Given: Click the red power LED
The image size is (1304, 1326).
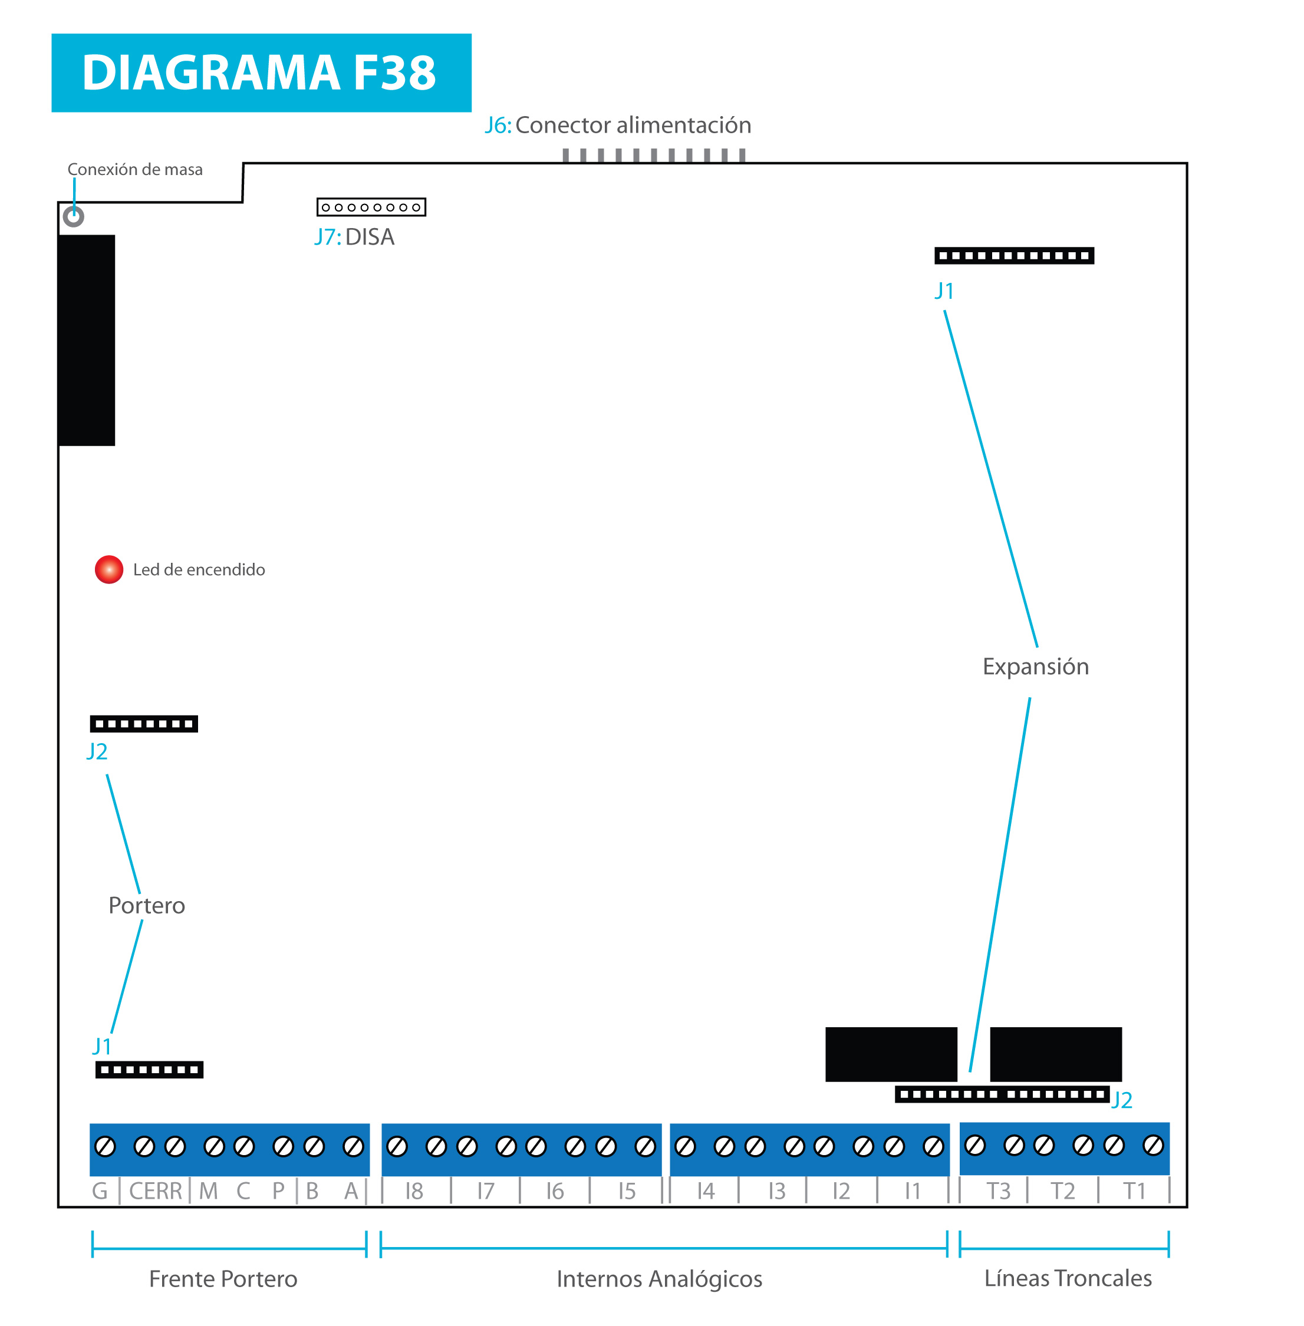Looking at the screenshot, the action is (109, 569).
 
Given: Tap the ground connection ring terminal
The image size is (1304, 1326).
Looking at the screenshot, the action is (73, 217).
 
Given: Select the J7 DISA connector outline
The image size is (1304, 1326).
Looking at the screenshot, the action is (371, 207).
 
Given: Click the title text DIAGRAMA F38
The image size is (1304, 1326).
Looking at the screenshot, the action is (259, 72).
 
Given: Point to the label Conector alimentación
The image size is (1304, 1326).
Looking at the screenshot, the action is (634, 126).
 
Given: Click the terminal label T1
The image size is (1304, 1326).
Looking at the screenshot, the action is (1134, 1192).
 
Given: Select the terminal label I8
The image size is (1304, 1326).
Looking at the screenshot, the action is (414, 1192).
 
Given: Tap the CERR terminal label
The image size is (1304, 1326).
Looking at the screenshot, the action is (156, 1192).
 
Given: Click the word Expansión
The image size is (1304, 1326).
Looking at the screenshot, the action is (1036, 667).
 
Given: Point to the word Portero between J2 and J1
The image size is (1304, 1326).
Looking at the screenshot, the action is (147, 906).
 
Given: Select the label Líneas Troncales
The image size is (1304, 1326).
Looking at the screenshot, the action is (1068, 1278).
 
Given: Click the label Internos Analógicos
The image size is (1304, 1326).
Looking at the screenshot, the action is (660, 1279).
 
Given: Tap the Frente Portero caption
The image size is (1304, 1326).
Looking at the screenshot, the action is (223, 1279).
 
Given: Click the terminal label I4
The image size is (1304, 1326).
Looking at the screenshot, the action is (706, 1192).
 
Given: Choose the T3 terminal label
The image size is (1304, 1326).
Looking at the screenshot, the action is (999, 1192).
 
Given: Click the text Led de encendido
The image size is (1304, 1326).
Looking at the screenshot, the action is (199, 569).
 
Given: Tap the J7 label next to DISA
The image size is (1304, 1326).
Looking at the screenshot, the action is (327, 237).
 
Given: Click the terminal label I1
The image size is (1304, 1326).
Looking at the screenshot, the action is (912, 1192).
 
